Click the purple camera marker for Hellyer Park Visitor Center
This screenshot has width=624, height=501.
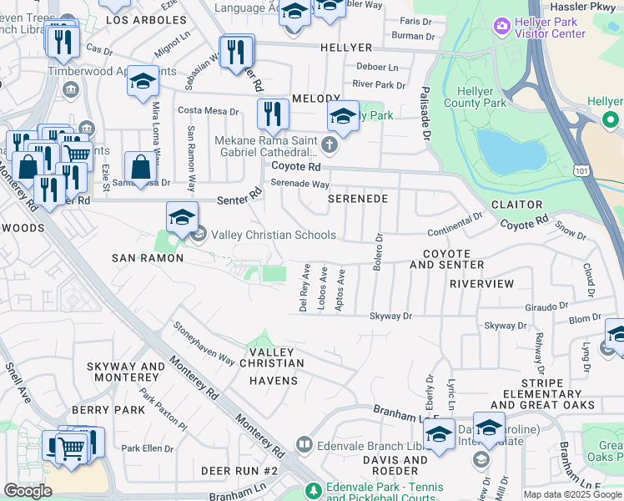coord(501,27)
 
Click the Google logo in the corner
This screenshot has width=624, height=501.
coord(28,491)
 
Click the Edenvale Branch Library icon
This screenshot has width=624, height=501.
coord(304,444)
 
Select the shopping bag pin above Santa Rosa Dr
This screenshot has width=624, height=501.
coord(140,166)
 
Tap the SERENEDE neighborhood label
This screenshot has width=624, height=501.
coord(357,200)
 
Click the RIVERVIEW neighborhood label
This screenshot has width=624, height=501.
coord(481,284)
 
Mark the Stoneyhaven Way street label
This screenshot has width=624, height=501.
coord(204,343)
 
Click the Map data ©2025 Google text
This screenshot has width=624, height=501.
coord(571,494)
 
